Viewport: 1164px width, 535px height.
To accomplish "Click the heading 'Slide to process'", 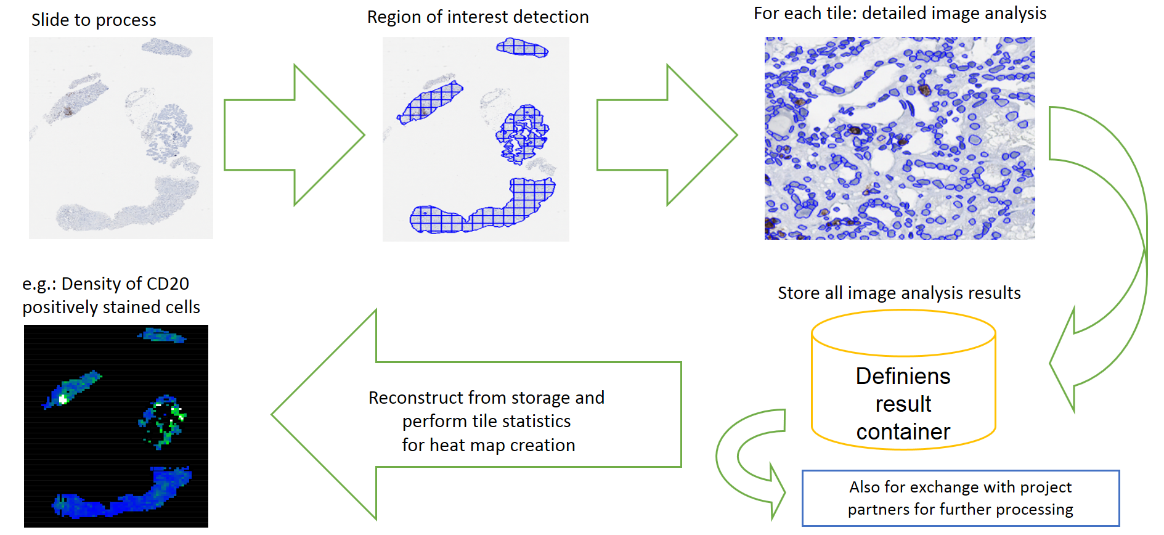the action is click(x=94, y=20).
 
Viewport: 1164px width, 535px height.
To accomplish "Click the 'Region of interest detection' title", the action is click(x=478, y=17).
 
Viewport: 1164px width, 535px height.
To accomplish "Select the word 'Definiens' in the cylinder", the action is click(x=903, y=376).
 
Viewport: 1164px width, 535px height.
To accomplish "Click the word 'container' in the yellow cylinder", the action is click(x=903, y=431).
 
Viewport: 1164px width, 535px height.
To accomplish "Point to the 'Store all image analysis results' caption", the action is click(x=899, y=293).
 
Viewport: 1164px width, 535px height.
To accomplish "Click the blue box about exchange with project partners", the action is click(x=961, y=498).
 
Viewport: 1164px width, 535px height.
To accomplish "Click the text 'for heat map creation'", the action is click(x=489, y=445).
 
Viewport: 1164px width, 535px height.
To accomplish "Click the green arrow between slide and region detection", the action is click(x=295, y=135).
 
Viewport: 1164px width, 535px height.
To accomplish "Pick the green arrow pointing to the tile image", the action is click(x=667, y=135).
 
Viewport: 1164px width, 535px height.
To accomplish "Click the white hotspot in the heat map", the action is click(x=63, y=399).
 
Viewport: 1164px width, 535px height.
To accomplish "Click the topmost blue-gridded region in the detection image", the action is click(x=522, y=47).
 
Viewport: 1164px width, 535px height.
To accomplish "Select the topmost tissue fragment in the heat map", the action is click(x=161, y=335).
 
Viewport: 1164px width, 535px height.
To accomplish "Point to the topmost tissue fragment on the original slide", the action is click(x=166, y=47).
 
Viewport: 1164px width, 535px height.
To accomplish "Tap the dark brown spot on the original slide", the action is click(x=67, y=112).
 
